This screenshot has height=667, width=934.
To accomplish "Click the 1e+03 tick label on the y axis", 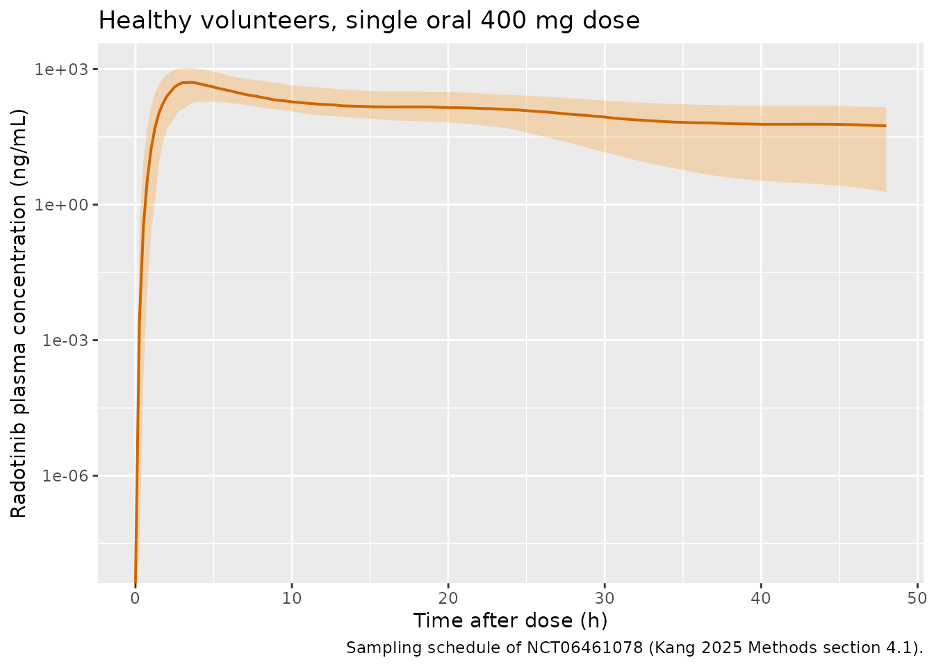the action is point(61,69).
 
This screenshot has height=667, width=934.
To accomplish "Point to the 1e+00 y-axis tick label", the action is point(61,205).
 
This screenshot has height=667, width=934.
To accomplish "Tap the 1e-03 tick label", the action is point(65,340).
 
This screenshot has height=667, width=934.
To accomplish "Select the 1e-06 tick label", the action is point(65,476).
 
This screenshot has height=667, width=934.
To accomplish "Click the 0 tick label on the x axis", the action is point(135,599).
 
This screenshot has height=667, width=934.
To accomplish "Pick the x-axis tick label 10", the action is point(291,599).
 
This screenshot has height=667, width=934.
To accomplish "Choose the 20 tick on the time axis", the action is point(448,599).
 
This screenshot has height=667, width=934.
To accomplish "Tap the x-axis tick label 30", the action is point(605,599).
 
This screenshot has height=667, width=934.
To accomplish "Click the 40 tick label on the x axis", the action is point(761,599).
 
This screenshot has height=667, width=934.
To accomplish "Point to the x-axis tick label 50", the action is point(917,599).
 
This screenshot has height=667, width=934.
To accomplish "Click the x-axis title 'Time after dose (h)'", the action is point(510,621).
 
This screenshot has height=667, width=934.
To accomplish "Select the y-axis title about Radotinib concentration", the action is point(18,313).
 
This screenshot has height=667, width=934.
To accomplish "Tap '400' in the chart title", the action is point(503,20).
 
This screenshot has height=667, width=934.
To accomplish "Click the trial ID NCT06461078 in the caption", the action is point(585,648).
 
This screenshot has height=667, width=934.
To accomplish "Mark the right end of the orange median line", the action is point(885,126).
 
